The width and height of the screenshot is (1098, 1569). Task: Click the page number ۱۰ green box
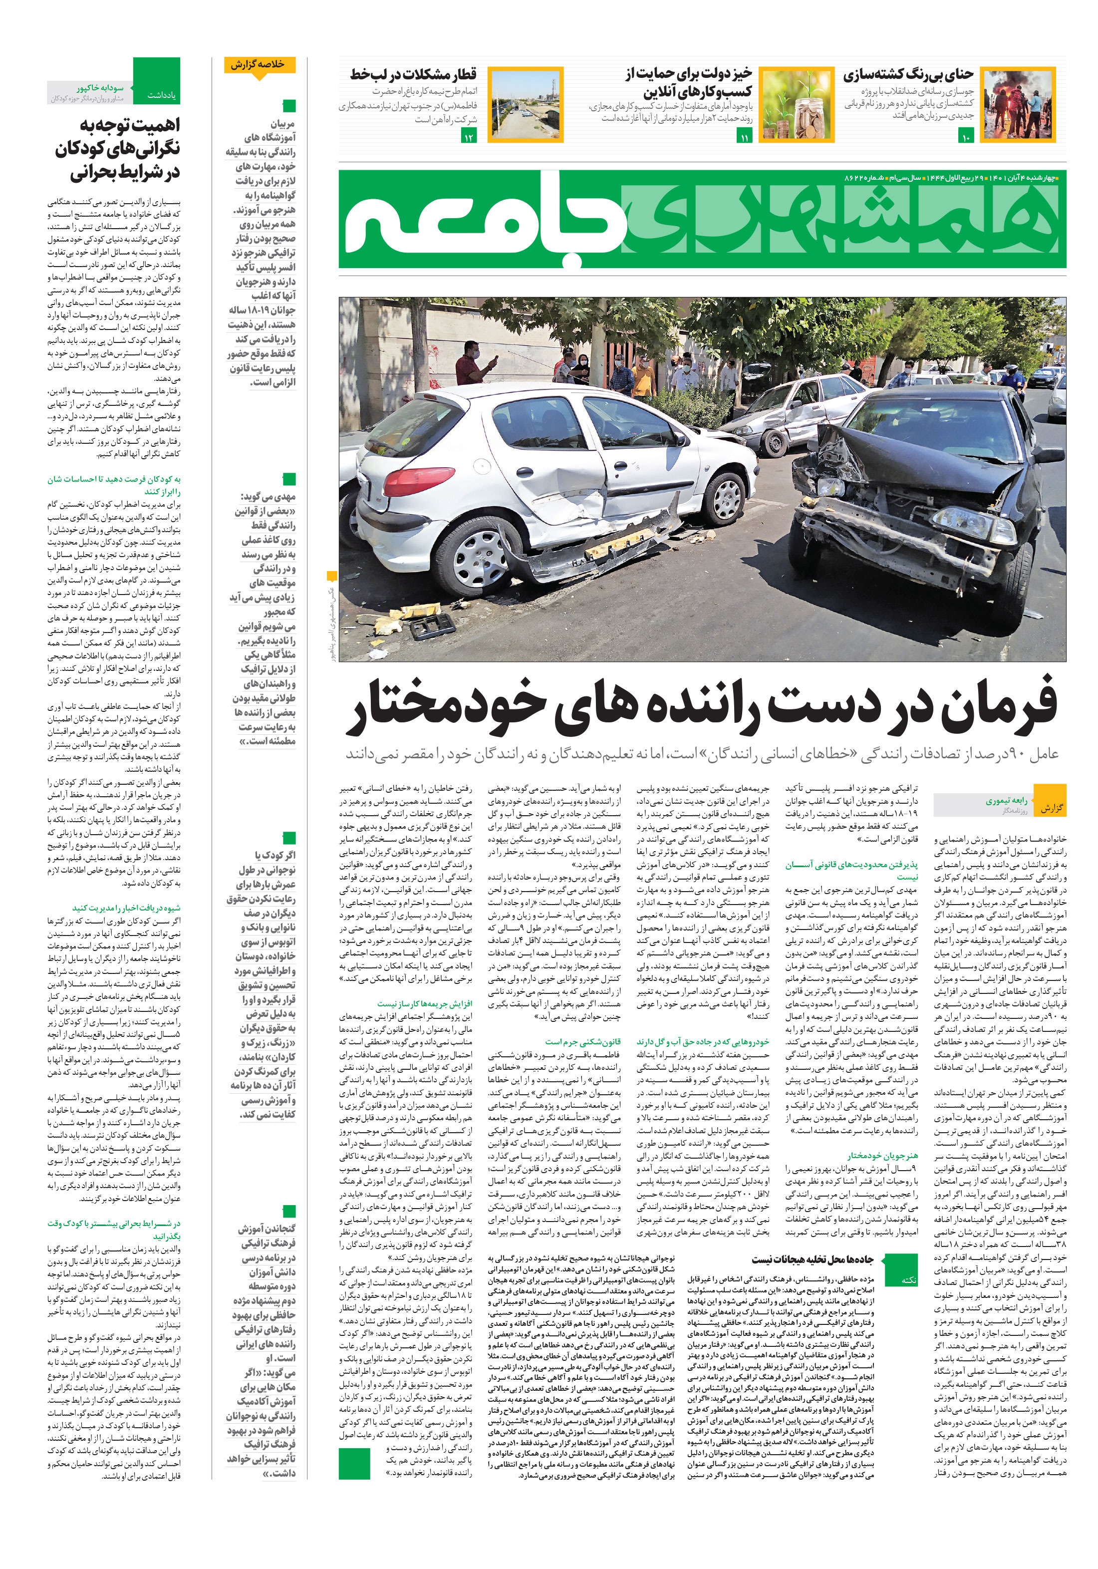pos(965,137)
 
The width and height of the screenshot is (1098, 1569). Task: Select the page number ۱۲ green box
pos(469,137)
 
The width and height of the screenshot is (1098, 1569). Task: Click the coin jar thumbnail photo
pos(796,104)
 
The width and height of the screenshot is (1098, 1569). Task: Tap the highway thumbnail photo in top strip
pos(518,104)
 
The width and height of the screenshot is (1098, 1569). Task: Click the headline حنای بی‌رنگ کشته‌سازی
pos(907,74)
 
